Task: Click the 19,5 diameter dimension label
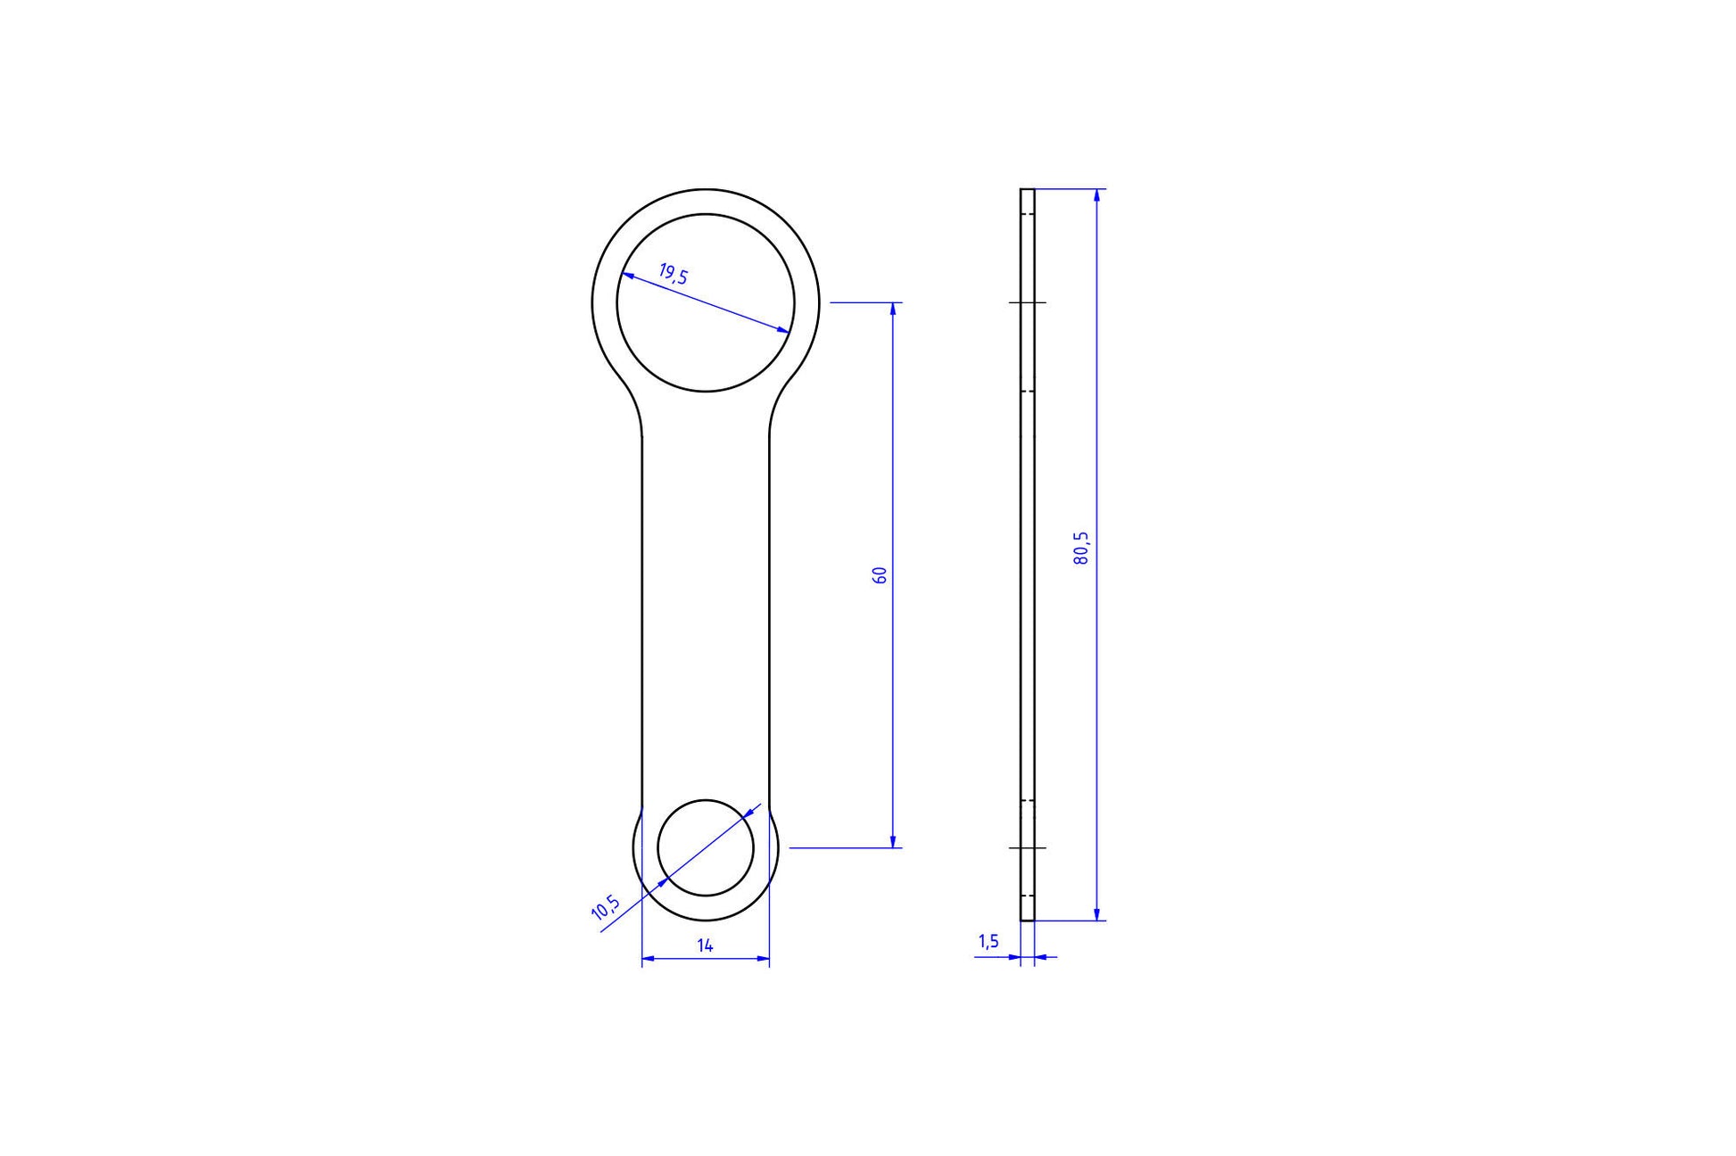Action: pos(674,273)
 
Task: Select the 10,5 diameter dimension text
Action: pos(607,907)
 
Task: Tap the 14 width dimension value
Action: pos(705,945)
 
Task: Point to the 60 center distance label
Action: pos(880,574)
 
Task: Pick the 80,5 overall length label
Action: pos(1081,549)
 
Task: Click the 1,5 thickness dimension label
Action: pos(988,941)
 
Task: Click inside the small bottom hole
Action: pos(706,847)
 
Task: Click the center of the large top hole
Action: pos(706,302)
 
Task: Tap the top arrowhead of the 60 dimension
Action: pos(892,309)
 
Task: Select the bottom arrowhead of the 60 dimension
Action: pos(892,841)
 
